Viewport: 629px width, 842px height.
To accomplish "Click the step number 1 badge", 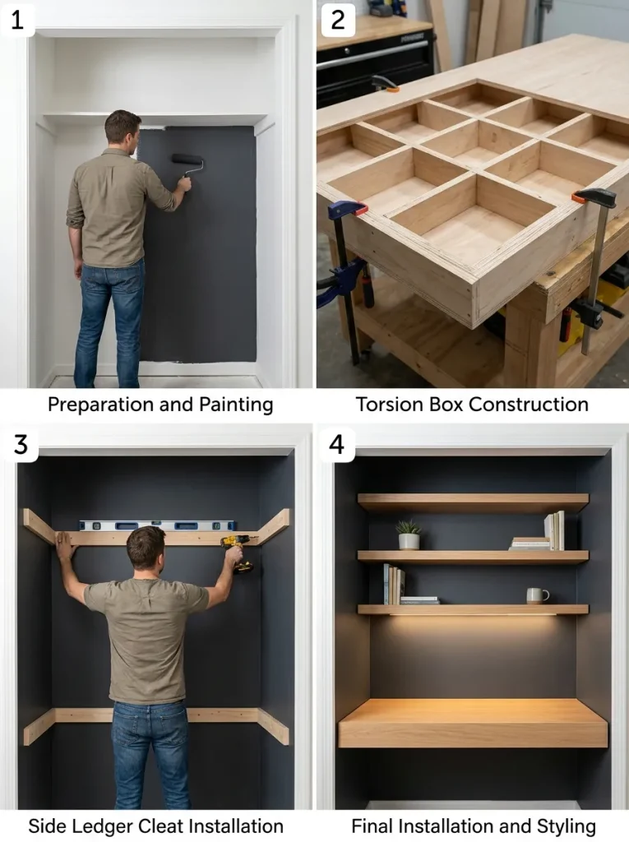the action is (17, 20).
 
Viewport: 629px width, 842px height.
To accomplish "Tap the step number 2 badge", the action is (337, 20).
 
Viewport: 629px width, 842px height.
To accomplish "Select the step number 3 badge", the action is (20, 444).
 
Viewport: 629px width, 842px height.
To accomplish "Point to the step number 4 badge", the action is (337, 444).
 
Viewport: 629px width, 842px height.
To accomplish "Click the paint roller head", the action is (187, 159).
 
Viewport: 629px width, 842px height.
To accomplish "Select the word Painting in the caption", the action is (236, 405).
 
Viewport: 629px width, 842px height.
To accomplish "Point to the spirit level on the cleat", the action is (157, 525).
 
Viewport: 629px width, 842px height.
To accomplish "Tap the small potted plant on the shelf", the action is (409, 534).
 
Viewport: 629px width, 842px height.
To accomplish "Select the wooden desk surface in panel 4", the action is (473, 723).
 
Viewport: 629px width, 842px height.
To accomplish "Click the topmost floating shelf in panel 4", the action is (474, 502).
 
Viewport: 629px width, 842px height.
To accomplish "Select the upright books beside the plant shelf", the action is (554, 530).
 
